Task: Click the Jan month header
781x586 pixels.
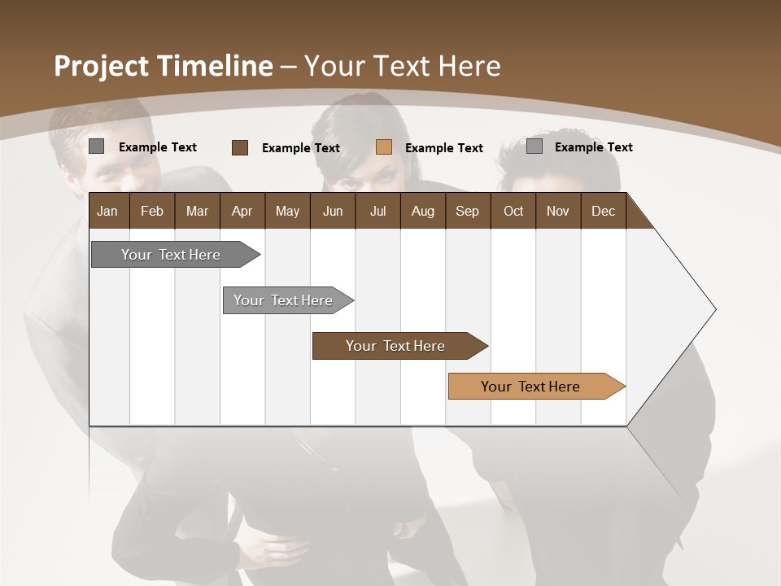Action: [x=107, y=211]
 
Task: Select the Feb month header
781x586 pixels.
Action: [x=152, y=211]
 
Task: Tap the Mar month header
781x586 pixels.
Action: [x=197, y=211]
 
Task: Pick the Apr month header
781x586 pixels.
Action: [x=242, y=211]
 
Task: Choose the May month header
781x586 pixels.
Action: [x=287, y=211]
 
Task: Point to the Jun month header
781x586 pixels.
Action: [x=333, y=211]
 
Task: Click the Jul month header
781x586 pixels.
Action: [x=377, y=211]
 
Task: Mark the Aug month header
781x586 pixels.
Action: [x=422, y=211]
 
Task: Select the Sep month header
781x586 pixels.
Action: [x=467, y=211]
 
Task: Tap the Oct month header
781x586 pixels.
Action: [x=513, y=211]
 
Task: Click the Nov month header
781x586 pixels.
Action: [x=558, y=211]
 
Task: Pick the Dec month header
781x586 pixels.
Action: [x=603, y=211]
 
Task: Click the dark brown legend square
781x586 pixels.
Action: [x=239, y=147]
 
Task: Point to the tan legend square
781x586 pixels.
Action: [x=384, y=147]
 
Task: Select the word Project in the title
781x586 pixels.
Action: [x=101, y=66]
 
